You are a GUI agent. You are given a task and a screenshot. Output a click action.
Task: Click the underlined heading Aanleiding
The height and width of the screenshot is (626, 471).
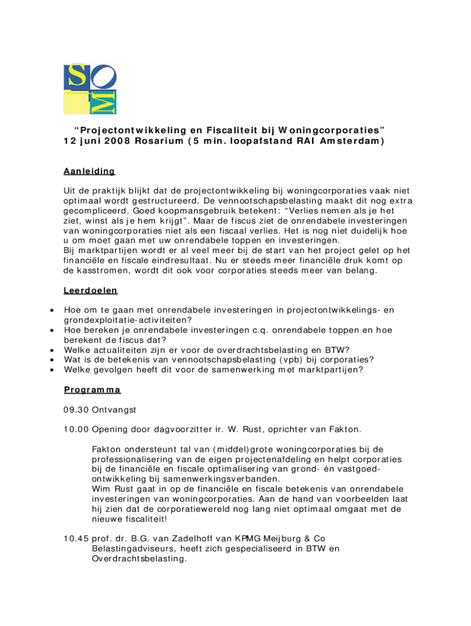coord(89,172)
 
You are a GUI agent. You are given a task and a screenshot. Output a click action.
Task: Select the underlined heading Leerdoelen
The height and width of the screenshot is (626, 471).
coord(91,290)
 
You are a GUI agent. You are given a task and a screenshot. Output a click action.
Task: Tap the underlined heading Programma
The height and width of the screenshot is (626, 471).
coord(92,389)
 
